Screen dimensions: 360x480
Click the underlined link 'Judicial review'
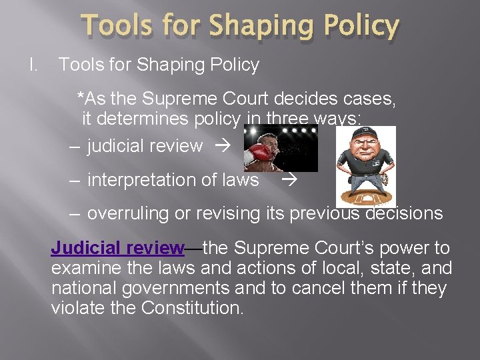coord(117,249)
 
